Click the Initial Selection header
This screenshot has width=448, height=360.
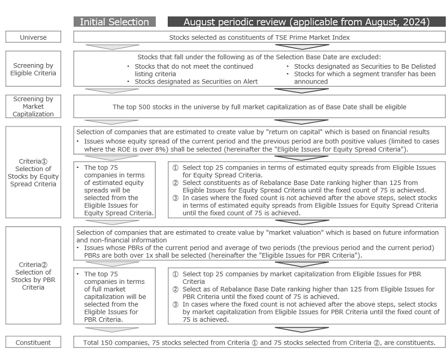click(x=114, y=22)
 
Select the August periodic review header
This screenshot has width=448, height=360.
click(x=306, y=22)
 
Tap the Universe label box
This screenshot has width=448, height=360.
click(x=33, y=37)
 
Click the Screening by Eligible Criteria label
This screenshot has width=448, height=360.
click(x=33, y=69)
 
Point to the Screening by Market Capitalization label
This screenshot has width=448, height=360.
click(x=33, y=106)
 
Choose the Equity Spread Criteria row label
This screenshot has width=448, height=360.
click(x=33, y=173)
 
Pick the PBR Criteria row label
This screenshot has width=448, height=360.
click(x=33, y=276)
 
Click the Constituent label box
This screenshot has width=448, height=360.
click(x=33, y=342)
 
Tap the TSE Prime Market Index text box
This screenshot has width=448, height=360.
click(x=259, y=37)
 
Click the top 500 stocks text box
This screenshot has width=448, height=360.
click(x=259, y=107)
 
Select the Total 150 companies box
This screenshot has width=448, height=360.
click(x=259, y=342)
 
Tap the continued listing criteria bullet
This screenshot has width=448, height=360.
click(x=194, y=70)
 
